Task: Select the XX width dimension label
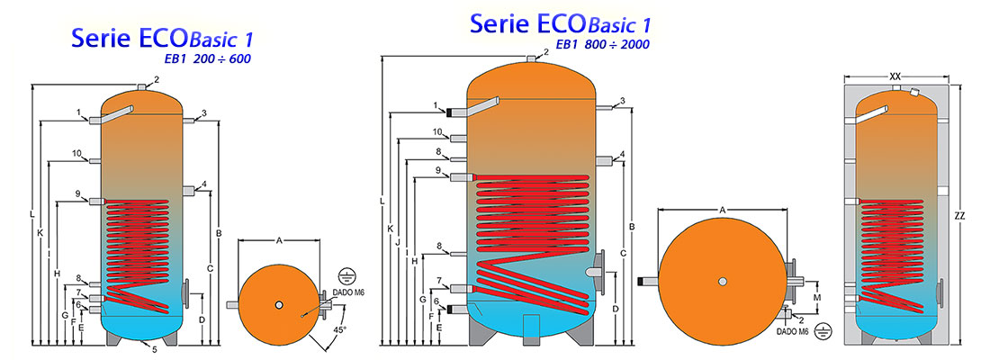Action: (x=895, y=77)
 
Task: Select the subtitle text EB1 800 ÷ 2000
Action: (x=602, y=43)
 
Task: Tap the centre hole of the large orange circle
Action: (x=723, y=282)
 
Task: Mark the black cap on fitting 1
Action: (x=447, y=112)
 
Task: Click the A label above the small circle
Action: (x=279, y=241)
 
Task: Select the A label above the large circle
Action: (x=723, y=210)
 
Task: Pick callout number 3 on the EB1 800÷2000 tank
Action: (x=622, y=100)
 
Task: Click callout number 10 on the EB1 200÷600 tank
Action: (x=78, y=153)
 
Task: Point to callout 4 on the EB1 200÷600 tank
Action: (x=204, y=184)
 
